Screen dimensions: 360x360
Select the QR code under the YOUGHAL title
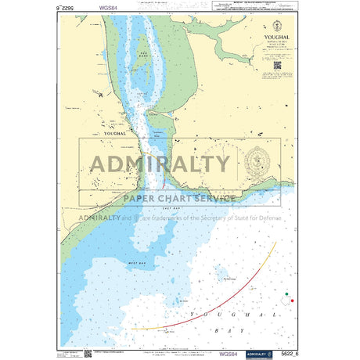point(277,67)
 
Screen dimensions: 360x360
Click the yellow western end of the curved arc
point(138,329)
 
